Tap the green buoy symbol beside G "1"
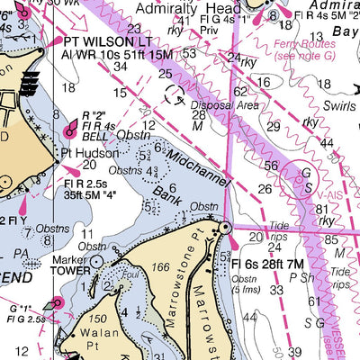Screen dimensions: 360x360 click(x=56, y=303)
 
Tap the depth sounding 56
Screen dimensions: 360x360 click(x=271, y=165)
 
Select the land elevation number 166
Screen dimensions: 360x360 click(x=161, y=267)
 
